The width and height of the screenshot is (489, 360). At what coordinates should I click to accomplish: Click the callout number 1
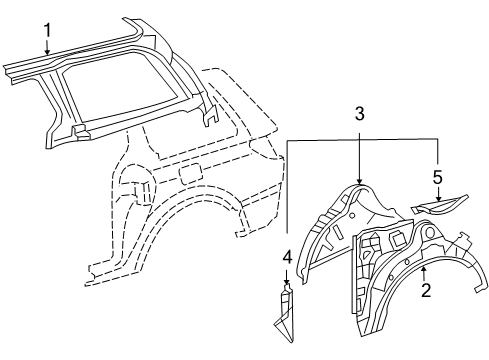coord(47,30)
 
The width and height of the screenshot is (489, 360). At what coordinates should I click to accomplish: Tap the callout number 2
coord(426,290)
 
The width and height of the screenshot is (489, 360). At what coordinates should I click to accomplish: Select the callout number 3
coord(359,114)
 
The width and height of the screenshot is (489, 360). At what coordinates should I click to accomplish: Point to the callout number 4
coord(287,258)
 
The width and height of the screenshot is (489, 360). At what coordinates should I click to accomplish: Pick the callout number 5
coord(438,177)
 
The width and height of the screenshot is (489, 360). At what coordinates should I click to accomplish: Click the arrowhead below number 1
coord(47,52)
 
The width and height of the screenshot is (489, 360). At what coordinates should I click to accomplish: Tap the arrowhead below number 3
coord(359,181)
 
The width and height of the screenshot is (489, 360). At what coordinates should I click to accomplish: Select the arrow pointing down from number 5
coord(438,194)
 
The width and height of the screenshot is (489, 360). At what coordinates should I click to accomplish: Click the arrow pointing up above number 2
coord(424,273)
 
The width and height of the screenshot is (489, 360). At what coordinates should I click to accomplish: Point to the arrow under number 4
coord(287,276)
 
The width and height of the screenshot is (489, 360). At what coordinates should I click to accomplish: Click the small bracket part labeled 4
coord(285,313)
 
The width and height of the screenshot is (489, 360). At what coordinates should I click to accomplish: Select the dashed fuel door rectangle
coord(191,173)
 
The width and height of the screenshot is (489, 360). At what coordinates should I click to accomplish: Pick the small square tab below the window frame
coord(80,131)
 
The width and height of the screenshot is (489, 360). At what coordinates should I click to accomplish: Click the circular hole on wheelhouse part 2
coord(430,232)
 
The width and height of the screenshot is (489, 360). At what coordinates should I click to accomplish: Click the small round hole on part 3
coord(352,215)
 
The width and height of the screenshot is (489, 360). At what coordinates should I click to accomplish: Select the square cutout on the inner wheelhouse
coord(397,238)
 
